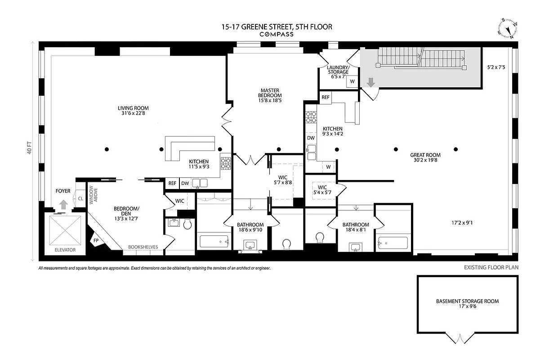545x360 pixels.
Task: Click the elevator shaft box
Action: coord(65,230)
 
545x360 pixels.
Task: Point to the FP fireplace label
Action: coord(96,241)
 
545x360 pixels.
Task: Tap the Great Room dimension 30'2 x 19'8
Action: coord(425,159)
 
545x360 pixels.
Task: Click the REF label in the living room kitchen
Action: coord(172,183)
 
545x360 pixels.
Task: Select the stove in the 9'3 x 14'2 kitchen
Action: coord(311,117)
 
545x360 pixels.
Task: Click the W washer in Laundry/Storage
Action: coord(352,81)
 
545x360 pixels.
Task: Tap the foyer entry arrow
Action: coord(63,204)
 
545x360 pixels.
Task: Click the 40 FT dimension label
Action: coord(30,148)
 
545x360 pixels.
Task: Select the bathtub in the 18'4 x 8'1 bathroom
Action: coord(393,243)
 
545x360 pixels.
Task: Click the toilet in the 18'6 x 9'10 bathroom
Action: coord(286,244)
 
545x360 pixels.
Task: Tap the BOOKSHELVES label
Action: coord(143,247)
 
